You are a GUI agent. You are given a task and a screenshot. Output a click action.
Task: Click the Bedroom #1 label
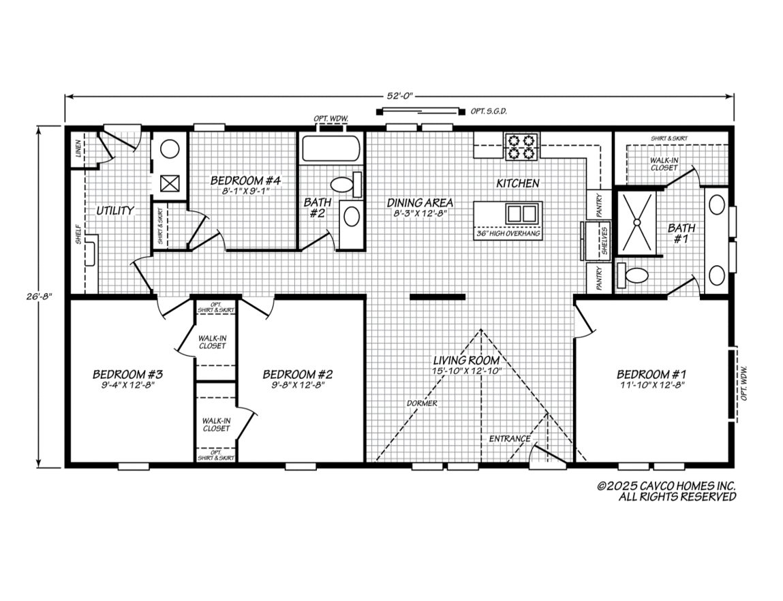click(651, 374)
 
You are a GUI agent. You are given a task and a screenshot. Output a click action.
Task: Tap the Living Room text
click(467, 360)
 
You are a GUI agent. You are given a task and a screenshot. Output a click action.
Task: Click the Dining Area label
click(420, 203)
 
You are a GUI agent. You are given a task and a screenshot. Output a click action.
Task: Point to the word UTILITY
click(114, 211)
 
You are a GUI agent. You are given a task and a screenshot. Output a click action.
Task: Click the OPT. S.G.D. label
click(489, 111)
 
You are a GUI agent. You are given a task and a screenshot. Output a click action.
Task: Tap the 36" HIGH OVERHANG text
click(508, 234)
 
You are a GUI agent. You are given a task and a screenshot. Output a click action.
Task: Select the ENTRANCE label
click(509, 438)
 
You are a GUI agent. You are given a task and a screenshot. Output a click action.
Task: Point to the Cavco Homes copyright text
click(666, 491)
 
